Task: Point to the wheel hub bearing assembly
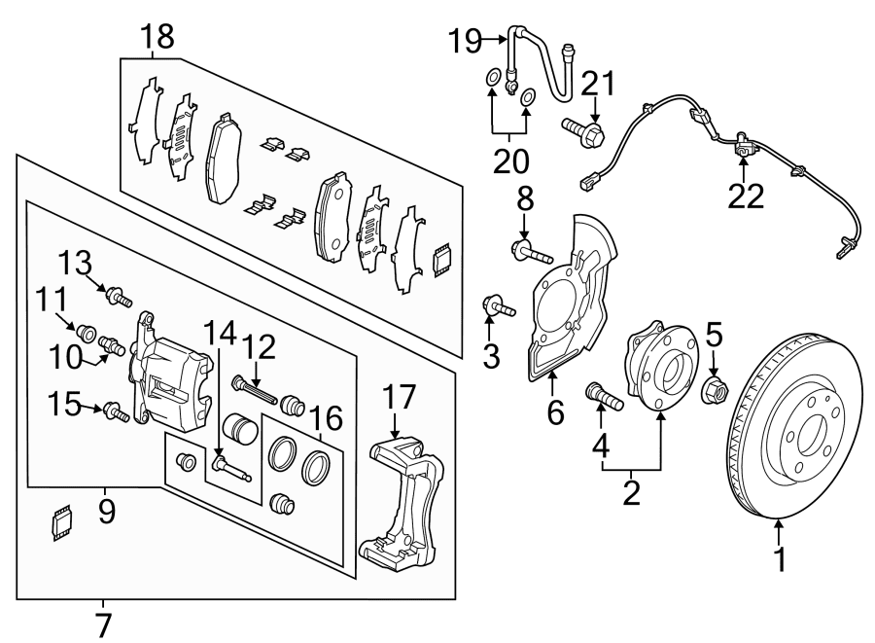657,371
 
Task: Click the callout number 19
466,41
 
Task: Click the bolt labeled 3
497,308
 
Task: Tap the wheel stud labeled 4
599,397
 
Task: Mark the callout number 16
328,419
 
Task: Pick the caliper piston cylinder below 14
239,428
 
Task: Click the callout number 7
104,624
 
